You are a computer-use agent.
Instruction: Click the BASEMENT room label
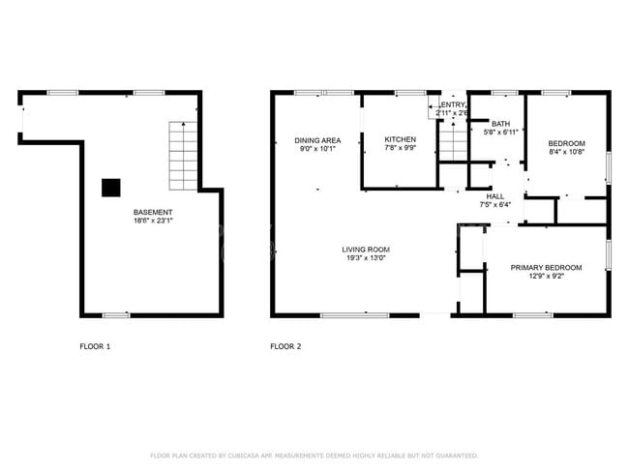point(153,212)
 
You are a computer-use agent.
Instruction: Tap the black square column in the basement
point(113,187)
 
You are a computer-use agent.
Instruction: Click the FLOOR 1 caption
point(95,346)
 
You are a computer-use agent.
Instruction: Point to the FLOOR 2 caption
point(285,346)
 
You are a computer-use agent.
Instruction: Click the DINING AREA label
point(317,140)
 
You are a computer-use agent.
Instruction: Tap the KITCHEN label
point(400,139)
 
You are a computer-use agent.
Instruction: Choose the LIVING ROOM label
point(366,250)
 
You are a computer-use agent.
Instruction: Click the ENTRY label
point(454,104)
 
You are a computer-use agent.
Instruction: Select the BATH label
point(500,124)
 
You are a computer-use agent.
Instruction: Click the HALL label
point(494,196)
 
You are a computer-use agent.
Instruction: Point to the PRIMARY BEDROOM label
point(546,268)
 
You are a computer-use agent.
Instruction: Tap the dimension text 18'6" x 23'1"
point(153,221)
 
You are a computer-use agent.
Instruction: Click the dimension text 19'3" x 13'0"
point(366,258)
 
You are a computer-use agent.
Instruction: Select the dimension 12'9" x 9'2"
point(546,277)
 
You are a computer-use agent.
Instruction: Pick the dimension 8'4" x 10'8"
point(567,151)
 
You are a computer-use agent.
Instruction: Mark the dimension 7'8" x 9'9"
point(400,148)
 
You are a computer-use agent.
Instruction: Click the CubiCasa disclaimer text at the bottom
point(314,456)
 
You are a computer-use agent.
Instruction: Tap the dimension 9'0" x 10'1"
point(317,149)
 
